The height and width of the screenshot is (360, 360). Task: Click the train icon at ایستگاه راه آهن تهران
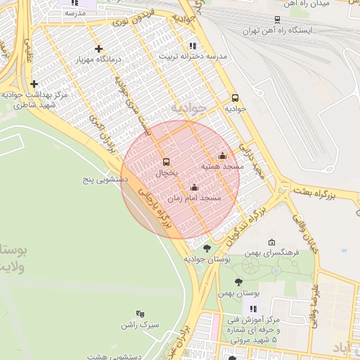[278, 20]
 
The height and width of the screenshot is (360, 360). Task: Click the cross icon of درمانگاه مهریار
[99, 49]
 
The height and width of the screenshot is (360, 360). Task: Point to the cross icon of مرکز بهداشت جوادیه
[34, 84]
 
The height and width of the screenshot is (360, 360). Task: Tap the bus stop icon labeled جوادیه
[235, 98]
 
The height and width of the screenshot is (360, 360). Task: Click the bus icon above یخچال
[166, 160]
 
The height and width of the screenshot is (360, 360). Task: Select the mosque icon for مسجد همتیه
[223, 156]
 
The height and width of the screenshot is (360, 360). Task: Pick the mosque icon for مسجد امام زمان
[195, 188]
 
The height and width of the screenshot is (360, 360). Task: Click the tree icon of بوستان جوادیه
[207, 248]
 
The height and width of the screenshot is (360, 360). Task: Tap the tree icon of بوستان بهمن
[239, 281]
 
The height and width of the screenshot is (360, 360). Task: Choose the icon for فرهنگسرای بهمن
[272, 242]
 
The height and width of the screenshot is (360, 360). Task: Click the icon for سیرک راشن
[139, 315]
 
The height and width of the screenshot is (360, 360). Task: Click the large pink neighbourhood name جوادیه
[189, 108]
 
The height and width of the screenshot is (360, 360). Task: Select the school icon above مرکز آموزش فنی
[253, 309]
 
